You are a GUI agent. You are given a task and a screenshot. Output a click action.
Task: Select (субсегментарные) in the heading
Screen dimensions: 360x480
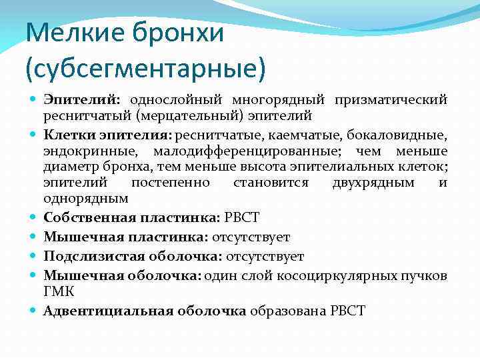(145, 67)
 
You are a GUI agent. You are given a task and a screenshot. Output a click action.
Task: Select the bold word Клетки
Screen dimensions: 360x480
(64, 135)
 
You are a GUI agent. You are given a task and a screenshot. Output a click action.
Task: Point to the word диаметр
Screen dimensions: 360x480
(69, 167)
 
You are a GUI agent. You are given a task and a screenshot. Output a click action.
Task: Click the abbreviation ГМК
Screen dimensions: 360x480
(58, 292)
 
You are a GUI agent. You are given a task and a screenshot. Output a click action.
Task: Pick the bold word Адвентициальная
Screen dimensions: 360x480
(109, 311)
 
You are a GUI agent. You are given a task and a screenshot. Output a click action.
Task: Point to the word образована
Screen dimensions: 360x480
(288, 311)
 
